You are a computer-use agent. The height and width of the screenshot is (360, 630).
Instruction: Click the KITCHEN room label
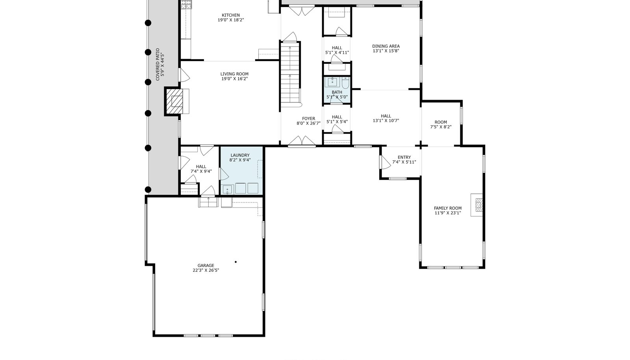pyautogui.click(x=231, y=15)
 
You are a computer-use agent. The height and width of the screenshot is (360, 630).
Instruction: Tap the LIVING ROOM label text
pyautogui.click(x=234, y=74)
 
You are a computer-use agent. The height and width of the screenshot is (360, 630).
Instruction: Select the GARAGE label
pyautogui.click(x=206, y=265)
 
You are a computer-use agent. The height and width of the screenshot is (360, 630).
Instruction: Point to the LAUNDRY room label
pyautogui.click(x=240, y=155)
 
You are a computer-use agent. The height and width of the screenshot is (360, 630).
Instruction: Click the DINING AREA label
pyautogui.click(x=386, y=46)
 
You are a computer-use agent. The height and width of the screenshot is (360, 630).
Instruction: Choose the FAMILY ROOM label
pyautogui.click(x=448, y=208)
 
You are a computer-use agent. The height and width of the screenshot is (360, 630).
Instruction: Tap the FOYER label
pyautogui.click(x=309, y=119)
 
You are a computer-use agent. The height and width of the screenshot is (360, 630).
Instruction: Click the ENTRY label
pyautogui.click(x=404, y=157)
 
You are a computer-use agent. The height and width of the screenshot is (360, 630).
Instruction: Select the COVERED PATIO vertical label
pyautogui.click(x=157, y=65)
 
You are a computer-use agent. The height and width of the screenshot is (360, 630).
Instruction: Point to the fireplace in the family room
pyautogui.click(x=477, y=205)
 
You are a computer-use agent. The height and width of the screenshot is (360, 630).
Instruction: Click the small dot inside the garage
pyautogui.click(x=236, y=262)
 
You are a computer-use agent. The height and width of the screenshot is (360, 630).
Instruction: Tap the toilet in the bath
pyautogui.click(x=345, y=83)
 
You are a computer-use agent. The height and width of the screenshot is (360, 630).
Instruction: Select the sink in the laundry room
pyautogui.click(x=228, y=189)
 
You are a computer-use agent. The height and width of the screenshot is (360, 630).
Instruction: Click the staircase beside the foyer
pyautogui.click(x=290, y=74)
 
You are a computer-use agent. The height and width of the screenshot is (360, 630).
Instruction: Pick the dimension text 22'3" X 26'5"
pyautogui.click(x=206, y=270)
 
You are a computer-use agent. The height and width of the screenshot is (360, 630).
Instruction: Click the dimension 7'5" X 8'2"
pyautogui.click(x=441, y=127)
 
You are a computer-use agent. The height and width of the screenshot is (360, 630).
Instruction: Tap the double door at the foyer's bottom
pyautogui.click(x=302, y=141)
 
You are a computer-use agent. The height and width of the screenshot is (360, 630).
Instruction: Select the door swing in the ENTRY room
pyautogui.click(x=385, y=163)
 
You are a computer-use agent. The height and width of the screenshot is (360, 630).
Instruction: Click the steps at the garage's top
pyautogui.click(x=208, y=202)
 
